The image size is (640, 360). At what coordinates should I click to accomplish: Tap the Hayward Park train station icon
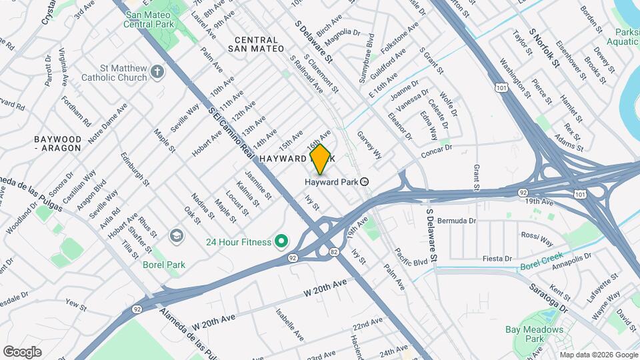365,181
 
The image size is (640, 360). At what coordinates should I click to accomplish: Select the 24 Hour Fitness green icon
281,241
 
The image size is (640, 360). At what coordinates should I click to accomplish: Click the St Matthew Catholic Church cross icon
157,72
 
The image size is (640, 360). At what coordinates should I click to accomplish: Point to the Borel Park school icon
176,235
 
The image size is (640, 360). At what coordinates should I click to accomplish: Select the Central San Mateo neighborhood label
255,44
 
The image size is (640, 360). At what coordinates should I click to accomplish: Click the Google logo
22,351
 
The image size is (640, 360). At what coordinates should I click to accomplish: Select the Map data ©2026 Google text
599,355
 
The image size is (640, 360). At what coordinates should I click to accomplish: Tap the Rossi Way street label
537,239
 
